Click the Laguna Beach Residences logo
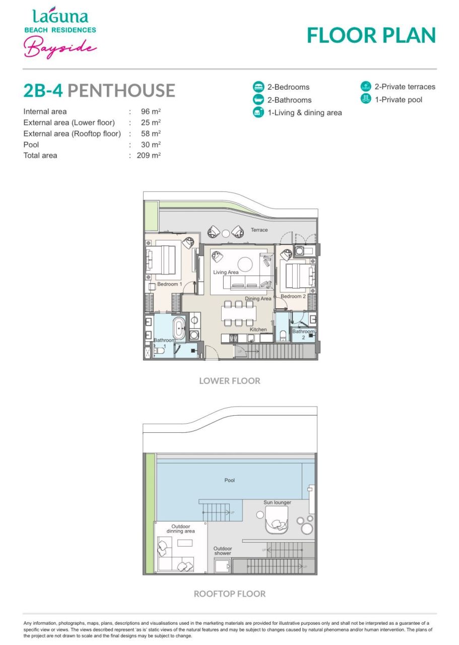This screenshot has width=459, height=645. point(60,33)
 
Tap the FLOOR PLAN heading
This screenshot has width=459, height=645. point(371,35)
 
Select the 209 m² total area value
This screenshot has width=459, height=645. point(149,156)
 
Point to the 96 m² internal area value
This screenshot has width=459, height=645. point(151,111)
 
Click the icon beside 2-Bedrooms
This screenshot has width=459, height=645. point(258,87)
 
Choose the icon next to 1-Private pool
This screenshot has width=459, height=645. point(366,99)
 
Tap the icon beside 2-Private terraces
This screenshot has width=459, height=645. point(366,87)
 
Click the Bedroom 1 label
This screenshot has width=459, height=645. point(169,284)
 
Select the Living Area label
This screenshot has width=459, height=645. point(226,273)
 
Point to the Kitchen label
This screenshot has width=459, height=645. point(258,330)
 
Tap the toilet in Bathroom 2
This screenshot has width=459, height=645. point(283,335)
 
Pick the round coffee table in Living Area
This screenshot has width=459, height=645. point(245,264)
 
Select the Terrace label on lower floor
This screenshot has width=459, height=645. point(259,230)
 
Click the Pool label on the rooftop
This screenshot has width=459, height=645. point(230,480)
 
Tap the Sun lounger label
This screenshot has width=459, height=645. point(277,502)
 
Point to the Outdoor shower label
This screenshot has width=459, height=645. point(223,551)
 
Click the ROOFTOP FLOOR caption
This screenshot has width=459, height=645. point(230,594)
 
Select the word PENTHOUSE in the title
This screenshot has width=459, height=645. point(121,91)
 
